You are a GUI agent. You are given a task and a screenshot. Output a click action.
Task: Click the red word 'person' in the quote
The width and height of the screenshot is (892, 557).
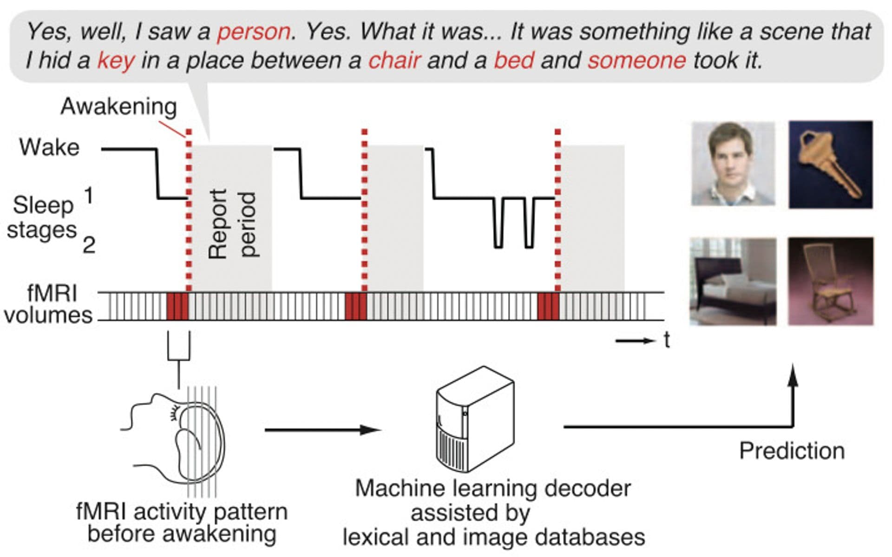(254, 32)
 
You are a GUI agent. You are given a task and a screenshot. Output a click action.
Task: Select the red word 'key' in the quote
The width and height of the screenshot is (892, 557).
(116, 61)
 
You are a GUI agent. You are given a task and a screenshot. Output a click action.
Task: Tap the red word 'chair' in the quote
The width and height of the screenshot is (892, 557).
(394, 61)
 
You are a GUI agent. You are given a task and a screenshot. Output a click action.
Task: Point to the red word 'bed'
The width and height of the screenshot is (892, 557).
(513, 61)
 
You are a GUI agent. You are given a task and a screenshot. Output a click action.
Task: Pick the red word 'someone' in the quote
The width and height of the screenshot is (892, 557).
(636, 61)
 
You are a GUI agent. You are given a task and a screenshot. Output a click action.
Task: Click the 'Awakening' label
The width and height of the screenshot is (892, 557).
(119, 106)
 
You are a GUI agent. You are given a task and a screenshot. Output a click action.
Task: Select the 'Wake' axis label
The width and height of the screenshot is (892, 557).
(49, 148)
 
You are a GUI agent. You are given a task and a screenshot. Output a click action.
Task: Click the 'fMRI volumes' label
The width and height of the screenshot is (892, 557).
(49, 304)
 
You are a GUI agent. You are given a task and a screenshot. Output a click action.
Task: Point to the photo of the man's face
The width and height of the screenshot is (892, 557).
(733, 164)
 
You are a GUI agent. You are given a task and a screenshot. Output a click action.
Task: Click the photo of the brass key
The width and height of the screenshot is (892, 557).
(830, 164)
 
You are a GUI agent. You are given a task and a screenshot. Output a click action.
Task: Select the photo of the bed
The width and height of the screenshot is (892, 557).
(733, 282)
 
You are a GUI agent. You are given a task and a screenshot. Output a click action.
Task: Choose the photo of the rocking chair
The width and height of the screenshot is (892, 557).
(830, 282)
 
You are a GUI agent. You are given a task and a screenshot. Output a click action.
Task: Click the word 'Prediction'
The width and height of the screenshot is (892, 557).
(792, 451)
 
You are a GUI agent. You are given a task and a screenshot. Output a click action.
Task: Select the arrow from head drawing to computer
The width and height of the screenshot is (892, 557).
(322, 430)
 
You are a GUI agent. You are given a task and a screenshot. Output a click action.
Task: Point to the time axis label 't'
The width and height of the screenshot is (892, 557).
(667, 341)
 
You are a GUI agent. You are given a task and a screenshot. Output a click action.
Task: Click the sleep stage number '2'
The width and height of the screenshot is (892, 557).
(89, 245)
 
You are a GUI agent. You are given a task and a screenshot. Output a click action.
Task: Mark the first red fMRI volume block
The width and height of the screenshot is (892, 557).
(177, 307)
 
